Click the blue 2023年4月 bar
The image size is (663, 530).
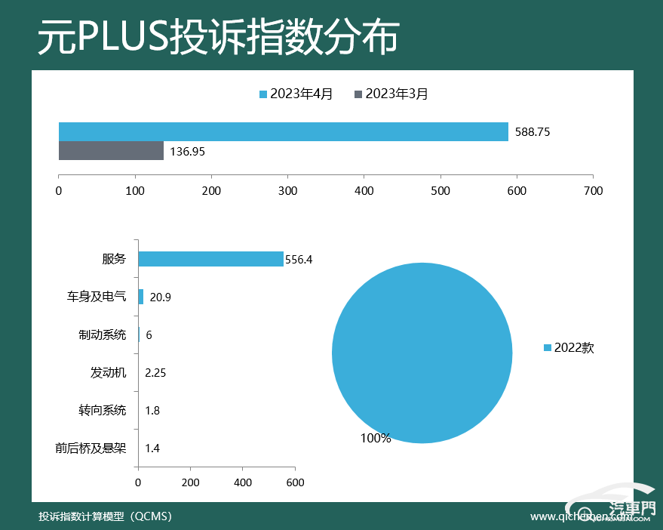pyautogui.click(x=283, y=131)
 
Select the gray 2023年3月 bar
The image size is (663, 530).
pyautogui.click(x=111, y=151)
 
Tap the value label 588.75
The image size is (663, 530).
pyautogui.click(x=533, y=132)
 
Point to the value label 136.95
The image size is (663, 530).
pyautogui.click(x=188, y=152)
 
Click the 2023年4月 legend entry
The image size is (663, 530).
pyautogui.click(x=296, y=94)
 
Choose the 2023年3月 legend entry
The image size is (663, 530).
pyautogui.click(x=391, y=94)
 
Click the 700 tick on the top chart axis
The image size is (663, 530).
pyautogui.click(x=593, y=191)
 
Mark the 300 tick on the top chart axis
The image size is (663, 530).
pyautogui.click(x=287, y=191)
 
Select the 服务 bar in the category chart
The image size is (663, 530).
pyautogui.click(x=210, y=259)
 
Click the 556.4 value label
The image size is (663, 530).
pyautogui.click(x=299, y=260)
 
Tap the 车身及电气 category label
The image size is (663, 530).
pyautogui.click(x=96, y=297)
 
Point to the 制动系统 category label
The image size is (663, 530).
pyautogui.click(x=102, y=334)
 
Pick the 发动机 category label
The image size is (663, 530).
pyautogui.click(x=108, y=372)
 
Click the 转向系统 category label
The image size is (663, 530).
pyautogui.click(x=102, y=411)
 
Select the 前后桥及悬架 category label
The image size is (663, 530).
pyautogui.click(x=91, y=448)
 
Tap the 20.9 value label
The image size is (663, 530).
pyautogui.click(x=161, y=297)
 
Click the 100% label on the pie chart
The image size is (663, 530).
pyautogui.click(x=375, y=439)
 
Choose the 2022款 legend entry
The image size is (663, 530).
pyautogui.click(x=569, y=348)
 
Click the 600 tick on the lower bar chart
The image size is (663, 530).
pyautogui.click(x=295, y=482)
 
